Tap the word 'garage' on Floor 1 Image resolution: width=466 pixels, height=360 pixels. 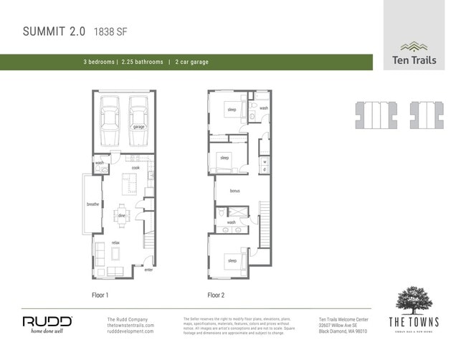point(138,127)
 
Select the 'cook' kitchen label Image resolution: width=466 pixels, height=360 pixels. point(135,168)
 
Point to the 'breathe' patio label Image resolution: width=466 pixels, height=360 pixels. point(92,204)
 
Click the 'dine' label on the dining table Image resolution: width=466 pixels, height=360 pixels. point(121,215)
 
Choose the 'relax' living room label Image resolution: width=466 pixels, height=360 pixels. point(115,243)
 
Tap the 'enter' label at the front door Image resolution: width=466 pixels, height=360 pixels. point(148,270)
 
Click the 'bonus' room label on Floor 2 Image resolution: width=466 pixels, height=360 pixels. point(234,191)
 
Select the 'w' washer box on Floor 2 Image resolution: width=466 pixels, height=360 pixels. point(265,161)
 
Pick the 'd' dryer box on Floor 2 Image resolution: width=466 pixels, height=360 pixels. point(265,170)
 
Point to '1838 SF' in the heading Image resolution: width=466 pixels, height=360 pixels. point(111,32)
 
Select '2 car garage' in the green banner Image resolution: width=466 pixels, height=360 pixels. point(191,62)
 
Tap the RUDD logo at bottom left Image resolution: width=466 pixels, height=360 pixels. point(47,323)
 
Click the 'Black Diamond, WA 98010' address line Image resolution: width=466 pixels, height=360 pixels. point(343,332)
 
